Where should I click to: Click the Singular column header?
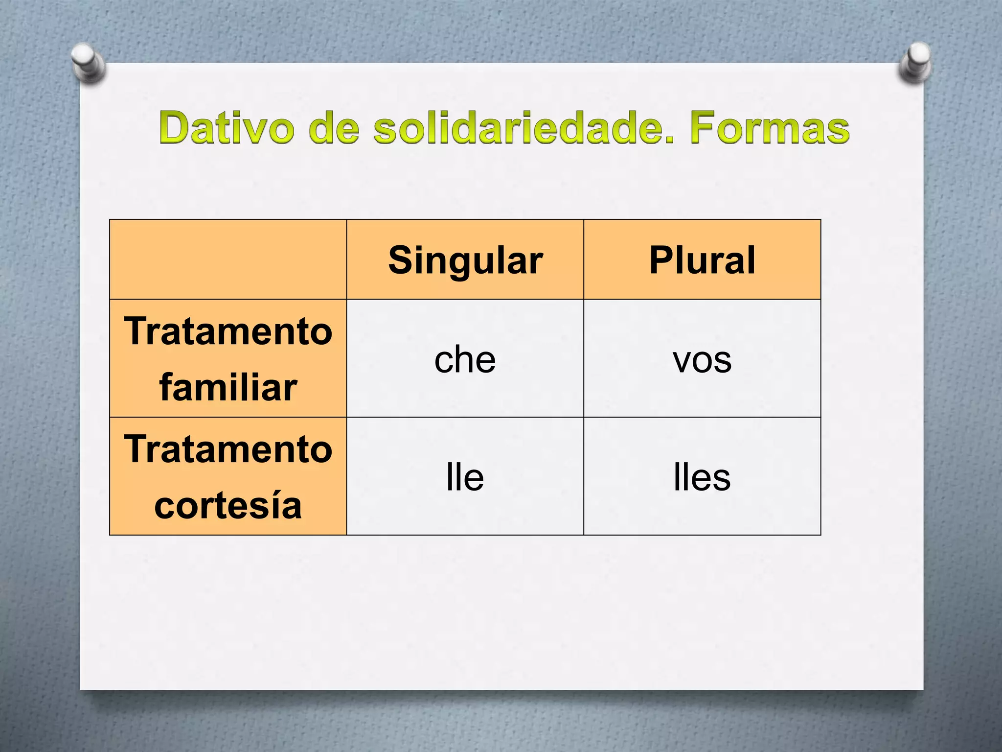465,260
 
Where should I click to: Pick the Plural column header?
702,260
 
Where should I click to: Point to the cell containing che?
465,359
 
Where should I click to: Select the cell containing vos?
702,359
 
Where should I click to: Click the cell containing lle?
465,477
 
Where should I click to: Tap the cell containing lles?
702,477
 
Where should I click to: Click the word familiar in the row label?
228,387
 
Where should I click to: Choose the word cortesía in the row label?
228,505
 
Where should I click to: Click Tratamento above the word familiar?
228,331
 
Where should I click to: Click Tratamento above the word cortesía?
228,449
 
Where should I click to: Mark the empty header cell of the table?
228,259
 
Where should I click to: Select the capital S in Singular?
399,260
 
